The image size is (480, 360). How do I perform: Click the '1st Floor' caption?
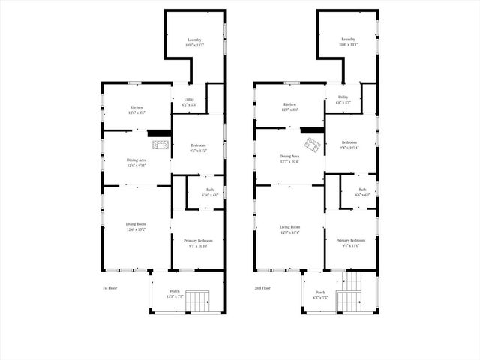tap(111, 288)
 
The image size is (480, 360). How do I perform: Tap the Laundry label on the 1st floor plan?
tap(194, 40)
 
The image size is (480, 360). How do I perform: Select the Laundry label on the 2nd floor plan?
tap(347, 40)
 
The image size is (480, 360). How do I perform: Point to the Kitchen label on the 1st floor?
tap(136, 107)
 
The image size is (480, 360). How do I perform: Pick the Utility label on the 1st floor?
tap(189, 99)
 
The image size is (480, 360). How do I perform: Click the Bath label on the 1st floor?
tap(210, 190)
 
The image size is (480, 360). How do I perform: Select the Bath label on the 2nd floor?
tap(362, 190)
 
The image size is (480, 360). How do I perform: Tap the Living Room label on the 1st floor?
tap(136, 224)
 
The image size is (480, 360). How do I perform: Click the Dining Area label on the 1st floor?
tap(136, 160)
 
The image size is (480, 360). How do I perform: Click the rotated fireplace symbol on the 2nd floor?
tap(310, 143)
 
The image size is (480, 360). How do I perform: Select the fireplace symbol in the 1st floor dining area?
tap(159, 133)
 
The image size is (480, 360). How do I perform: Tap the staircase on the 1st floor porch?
tap(199, 302)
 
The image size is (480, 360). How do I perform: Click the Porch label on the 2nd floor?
tap(320, 292)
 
